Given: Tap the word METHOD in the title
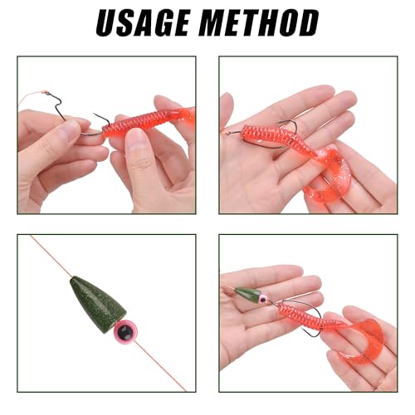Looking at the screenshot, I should point(264,23).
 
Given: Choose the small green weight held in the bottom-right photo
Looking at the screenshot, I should point(248,294).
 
